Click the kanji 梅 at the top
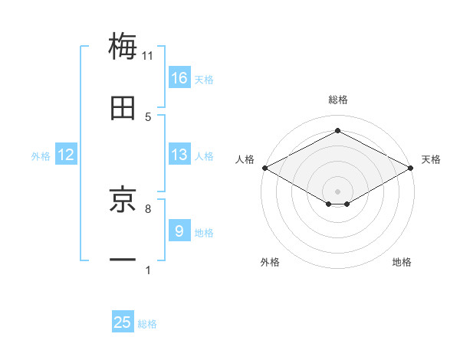pyautogui.click(x=123, y=45)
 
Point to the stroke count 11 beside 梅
pyautogui.click(x=148, y=55)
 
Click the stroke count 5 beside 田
pyautogui.click(x=148, y=117)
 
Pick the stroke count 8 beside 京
pyautogui.click(x=148, y=208)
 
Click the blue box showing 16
pyautogui.click(x=179, y=78)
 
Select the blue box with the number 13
pyautogui.click(x=179, y=155)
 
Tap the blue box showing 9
pyautogui.click(x=179, y=231)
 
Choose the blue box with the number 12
pyautogui.click(x=66, y=155)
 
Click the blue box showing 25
pyautogui.click(x=123, y=323)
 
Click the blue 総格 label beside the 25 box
pyautogui.click(x=147, y=324)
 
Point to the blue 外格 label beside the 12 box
pyautogui.click(x=41, y=155)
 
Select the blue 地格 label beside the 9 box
pyautogui.click(x=204, y=232)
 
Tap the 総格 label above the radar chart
pyautogui.click(x=337, y=100)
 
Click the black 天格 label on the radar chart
pyautogui.click(x=431, y=159)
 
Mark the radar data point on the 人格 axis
pyautogui.click(x=264, y=168)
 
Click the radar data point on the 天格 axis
pyautogui.click(x=412, y=168)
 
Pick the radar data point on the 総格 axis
pyautogui.click(x=337, y=130)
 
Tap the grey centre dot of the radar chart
pyautogui.click(x=337, y=191)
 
